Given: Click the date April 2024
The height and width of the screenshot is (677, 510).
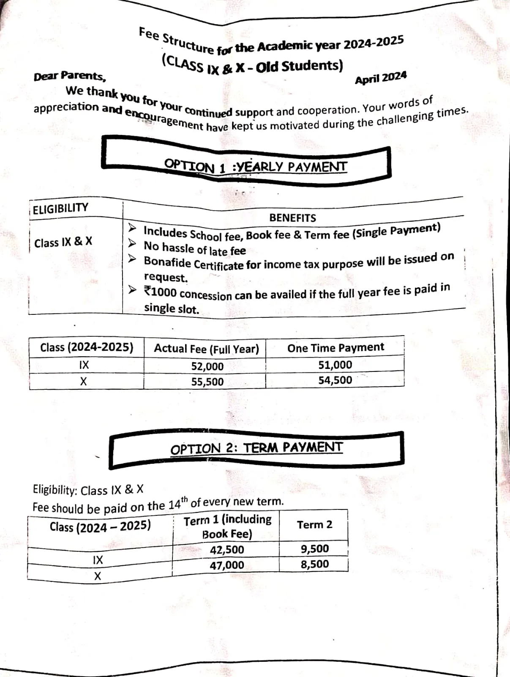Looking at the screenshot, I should click(381, 78).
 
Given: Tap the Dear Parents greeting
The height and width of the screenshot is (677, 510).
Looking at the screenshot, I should click(70, 76).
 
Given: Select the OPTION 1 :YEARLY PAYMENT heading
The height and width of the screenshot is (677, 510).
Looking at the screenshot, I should click(256, 166).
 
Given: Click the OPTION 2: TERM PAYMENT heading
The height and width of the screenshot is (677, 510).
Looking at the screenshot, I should click(256, 448).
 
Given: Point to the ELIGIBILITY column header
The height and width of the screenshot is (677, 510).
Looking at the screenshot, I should click(60, 208).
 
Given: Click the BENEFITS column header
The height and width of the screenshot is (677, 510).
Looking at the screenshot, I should click(292, 218).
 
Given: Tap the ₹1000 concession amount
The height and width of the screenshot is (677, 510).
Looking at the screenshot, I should click(160, 292).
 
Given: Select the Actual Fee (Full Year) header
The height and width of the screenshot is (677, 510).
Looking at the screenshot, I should click(206, 349).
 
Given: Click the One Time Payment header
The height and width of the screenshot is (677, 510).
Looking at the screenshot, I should click(335, 348).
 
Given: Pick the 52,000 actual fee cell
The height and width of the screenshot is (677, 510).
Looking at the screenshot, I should click(207, 366).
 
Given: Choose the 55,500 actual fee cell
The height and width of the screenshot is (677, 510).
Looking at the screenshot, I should click(207, 382).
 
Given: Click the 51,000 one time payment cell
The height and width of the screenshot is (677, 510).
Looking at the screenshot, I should click(335, 365).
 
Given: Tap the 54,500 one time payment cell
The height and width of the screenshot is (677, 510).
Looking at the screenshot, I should click(335, 380).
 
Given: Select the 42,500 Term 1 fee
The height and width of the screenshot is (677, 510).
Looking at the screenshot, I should click(227, 550).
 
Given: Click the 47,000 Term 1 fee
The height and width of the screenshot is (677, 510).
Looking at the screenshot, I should click(227, 565).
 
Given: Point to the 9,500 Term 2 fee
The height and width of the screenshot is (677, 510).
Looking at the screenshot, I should click(315, 549).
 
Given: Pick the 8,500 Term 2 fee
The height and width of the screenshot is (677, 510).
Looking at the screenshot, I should click(315, 564).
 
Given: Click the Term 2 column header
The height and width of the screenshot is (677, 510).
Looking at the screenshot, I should click(314, 525).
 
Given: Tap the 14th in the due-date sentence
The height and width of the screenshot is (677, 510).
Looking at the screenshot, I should click(177, 504).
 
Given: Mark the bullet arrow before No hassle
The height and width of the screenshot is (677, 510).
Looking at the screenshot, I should click(133, 243).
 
